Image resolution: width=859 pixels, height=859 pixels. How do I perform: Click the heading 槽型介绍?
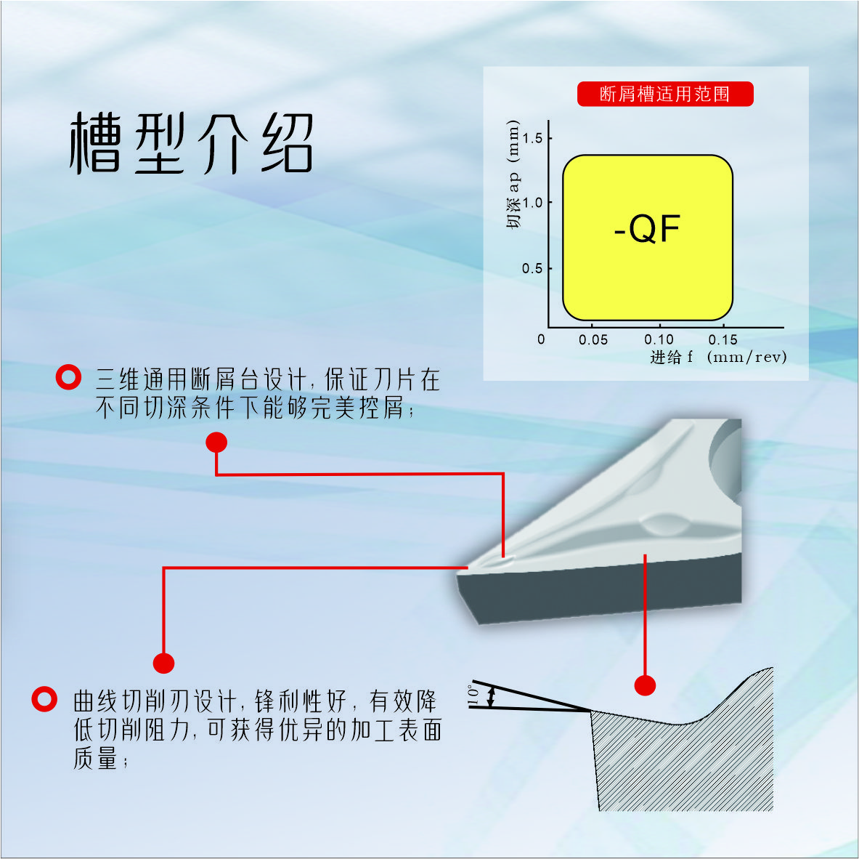coord(191,143)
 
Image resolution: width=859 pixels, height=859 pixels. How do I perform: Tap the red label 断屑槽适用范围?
coord(664,94)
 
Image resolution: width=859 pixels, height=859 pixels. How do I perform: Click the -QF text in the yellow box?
coord(647,230)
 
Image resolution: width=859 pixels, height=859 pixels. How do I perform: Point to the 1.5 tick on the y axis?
coord(532,138)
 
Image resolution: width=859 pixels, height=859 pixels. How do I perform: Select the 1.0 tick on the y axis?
coord(532,203)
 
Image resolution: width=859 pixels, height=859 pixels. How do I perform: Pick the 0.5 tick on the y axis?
coord(532,268)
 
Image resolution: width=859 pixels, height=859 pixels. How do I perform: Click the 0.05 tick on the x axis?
coord(593,339)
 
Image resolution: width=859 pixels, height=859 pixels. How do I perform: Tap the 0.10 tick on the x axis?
coord(659,339)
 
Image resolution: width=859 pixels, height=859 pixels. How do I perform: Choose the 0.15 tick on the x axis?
coord(723,339)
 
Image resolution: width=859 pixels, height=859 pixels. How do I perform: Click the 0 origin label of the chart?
coord(541,339)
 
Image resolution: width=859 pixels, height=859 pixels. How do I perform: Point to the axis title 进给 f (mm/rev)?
coord(717,357)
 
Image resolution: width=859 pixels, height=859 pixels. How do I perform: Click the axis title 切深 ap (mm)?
coord(513,174)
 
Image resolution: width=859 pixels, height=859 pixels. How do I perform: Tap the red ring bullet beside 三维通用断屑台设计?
coord(68,377)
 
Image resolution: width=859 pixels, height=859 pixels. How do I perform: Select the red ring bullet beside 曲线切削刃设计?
coord(44,699)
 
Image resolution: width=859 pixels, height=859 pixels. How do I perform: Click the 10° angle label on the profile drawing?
coord(473,695)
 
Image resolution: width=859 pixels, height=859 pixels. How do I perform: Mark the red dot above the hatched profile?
coord(645,685)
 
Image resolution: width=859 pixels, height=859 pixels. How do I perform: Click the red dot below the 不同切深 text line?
coord(216,442)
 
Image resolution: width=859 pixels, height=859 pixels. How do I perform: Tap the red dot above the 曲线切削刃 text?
coord(164,663)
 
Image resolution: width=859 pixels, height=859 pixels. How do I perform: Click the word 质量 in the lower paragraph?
coord(95,759)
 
